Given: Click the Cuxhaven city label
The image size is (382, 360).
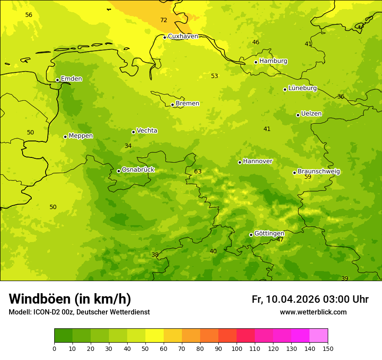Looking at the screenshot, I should pyautogui.click(x=183, y=36).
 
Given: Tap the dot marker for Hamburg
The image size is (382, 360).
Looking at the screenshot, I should pyautogui.click(x=256, y=62).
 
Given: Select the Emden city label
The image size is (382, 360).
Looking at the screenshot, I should pyautogui.click(x=71, y=79).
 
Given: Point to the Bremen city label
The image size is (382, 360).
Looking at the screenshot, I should pyautogui.click(x=187, y=104).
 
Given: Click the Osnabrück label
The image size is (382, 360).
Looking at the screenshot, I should pyautogui.click(x=138, y=170).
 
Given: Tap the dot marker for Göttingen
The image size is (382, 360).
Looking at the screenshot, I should pyautogui.click(x=251, y=235).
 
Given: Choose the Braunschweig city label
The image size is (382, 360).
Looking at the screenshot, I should pyautogui.click(x=319, y=172).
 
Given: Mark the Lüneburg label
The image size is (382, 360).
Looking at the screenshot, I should pyautogui.click(x=302, y=88).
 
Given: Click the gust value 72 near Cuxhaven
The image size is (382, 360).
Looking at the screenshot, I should pyautogui.click(x=164, y=20).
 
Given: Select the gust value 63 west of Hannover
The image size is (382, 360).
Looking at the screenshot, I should pyautogui.click(x=198, y=172).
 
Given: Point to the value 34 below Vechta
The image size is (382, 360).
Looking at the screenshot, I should pyautogui.click(x=128, y=146).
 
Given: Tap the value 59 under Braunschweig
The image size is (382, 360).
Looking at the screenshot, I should pyautogui.click(x=308, y=177).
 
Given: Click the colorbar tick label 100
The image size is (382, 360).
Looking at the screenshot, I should pyautogui.click(x=237, y=348).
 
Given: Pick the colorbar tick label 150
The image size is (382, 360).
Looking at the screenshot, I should pyautogui.click(x=328, y=348).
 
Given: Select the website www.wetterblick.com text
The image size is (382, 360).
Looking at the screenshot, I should pyautogui.click(x=313, y=312).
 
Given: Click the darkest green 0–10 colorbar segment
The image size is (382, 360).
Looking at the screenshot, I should pyautogui.click(x=63, y=336).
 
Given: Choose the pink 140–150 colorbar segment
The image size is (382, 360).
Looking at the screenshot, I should pyautogui.click(x=319, y=336).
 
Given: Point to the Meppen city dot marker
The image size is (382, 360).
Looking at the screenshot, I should pyautogui.click(x=65, y=137).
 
